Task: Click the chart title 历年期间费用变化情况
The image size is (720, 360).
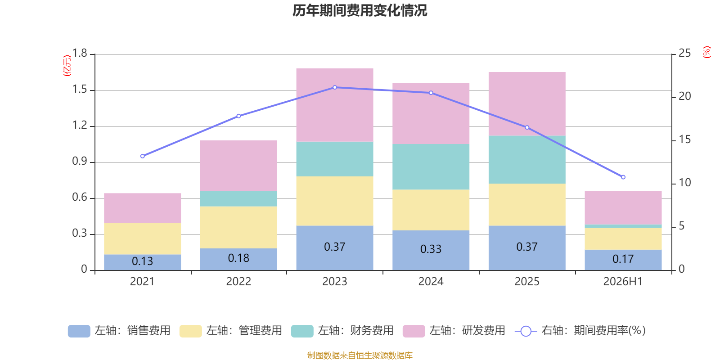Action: pyautogui.click(x=360, y=11)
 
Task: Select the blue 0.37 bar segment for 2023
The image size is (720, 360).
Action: pyautogui.click(x=335, y=248)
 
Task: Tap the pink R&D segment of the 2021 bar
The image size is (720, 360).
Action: pyautogui.click(x=142, y=208)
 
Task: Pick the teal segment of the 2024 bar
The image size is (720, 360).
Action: pyautogui.click(x=431, y=167)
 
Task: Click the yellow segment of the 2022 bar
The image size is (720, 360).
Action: pyautogui.click(x=238, y=227)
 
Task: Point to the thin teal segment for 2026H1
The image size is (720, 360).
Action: pyautogui.click(x=623, y=226)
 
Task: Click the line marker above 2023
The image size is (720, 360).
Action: pyautogui.click(x=335, y=87)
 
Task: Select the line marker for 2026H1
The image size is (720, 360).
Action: pyautogui.click(x=623, y=177)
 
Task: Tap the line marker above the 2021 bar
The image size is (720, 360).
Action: pyautogui.click(x=142, y=156)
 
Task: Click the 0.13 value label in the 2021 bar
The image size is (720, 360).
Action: pyautogui.click(x=142, y=261)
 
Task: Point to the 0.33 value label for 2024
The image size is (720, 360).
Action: pyautogui.click(x=431, y=249)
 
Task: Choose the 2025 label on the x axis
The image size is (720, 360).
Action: pyautogui.click(x=527, y=282)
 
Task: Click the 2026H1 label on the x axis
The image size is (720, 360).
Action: pyautogui.click(x=623, y=282)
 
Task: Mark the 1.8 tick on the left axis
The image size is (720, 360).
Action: pyautogui.click(x=80, y=53)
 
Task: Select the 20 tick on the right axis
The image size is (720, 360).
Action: pyautogui.click(x=684, y=96)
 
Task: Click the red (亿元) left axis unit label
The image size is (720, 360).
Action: pyautogui.click(x=67, y=66)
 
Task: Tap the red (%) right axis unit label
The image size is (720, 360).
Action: pyautogui.click(x=706, y=52)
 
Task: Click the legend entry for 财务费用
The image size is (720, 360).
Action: pyautogui.click(x=342, y=331)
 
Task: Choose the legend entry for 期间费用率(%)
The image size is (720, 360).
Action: pyautogui.click(x=580, y=331)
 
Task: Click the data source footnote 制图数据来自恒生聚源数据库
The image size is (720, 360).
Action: pyautogui.click(x=360, y=355)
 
